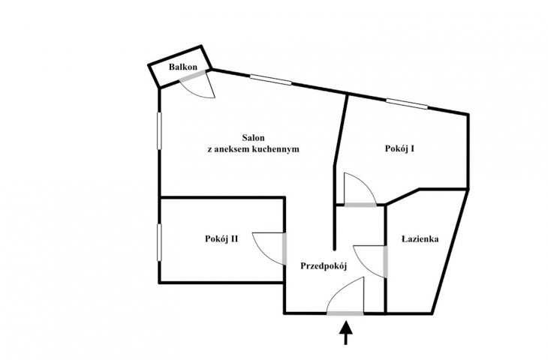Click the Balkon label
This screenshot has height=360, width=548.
[182, 67]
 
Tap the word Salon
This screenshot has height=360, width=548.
[254, 137]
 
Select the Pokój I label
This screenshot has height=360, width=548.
[400, 148]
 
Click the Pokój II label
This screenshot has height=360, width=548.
[221, 238]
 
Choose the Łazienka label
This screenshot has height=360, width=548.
[420, 239]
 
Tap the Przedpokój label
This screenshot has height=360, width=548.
[324, 266]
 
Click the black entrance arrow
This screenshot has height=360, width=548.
[346, 333]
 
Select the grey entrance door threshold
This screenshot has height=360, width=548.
[345, 313]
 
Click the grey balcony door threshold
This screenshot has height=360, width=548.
[192, 76]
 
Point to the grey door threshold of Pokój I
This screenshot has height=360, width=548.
[360, 205]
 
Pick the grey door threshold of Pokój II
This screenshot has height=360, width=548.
[285, 248]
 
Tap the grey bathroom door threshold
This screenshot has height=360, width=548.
[386, 262]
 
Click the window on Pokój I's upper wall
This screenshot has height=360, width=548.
[407, 103]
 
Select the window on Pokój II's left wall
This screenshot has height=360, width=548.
[159, 242]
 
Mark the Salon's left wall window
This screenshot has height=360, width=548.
[159, 130]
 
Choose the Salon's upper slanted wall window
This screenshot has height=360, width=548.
[271, 80]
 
